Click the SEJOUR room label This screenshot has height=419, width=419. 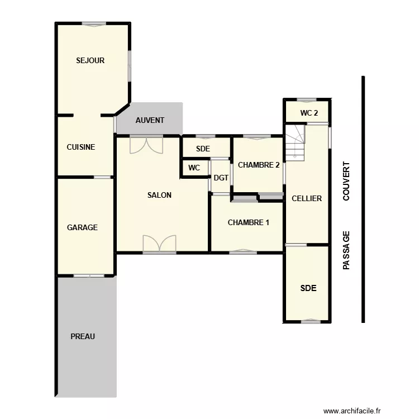(91, 60)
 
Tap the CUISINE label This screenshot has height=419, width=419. (81, 147)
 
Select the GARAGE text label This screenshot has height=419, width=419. (82, 227)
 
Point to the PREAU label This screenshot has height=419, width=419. (83, 336)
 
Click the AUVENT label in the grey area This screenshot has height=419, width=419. (150, 120)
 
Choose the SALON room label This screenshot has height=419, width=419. (159, 195)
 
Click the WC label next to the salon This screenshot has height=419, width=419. (194, 168)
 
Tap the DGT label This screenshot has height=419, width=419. (221, 178)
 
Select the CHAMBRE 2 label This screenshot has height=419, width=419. (259, 165)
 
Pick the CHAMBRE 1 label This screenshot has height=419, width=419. (249, 222)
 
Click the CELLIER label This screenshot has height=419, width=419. (307, 198)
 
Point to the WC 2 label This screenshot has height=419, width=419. (309, 113)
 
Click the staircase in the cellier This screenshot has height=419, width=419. (296, 143)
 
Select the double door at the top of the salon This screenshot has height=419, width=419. (146, 145)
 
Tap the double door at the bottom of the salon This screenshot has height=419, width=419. (159, 244)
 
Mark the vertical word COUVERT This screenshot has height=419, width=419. (346, 182)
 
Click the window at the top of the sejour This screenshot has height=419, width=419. (94, 23)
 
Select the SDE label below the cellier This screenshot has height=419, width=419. (308, 288)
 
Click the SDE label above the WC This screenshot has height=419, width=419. (203, 149)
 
